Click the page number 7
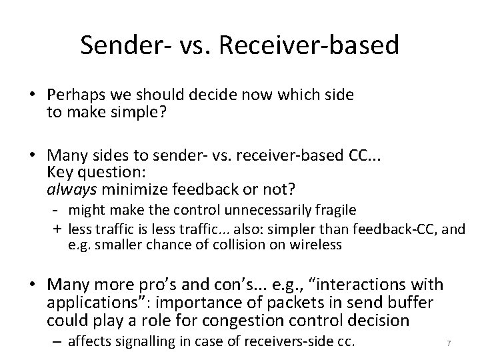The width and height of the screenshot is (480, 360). (449, 344)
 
